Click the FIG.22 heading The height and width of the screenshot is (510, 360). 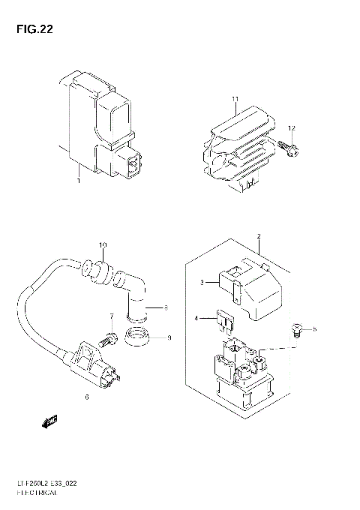click(31, 31)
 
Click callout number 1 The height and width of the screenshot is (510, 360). click(78, 180)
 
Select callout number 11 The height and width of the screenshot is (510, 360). click(235, 99)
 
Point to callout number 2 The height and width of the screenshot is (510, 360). click(258, 237)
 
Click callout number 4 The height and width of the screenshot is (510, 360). click(197, 319)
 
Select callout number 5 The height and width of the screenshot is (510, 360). click(315, 328)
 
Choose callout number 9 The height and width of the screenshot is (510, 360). click(169, 337)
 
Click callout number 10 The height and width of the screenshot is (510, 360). click(103, 245)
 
